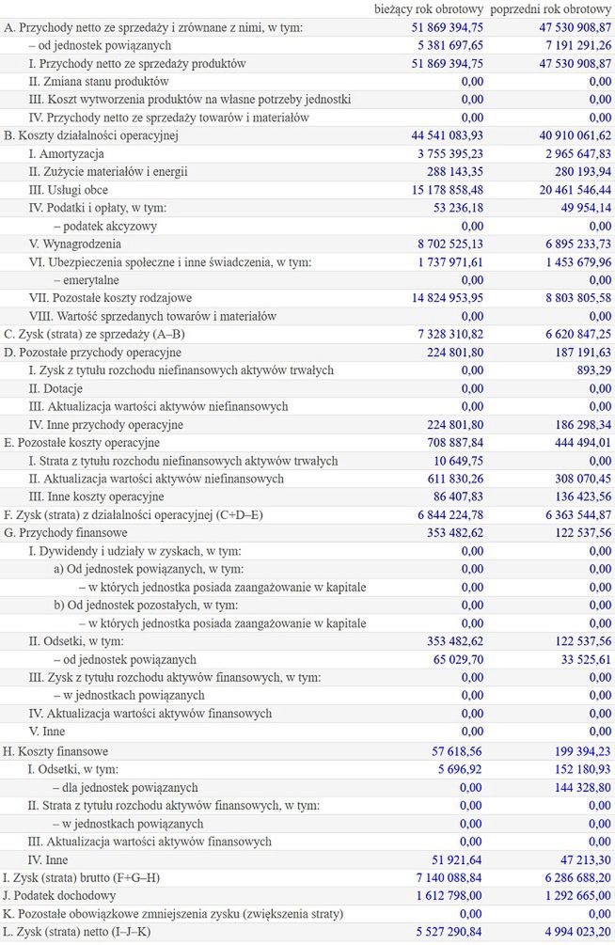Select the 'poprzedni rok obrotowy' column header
point(551,9)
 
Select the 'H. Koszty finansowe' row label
point(56,751)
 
